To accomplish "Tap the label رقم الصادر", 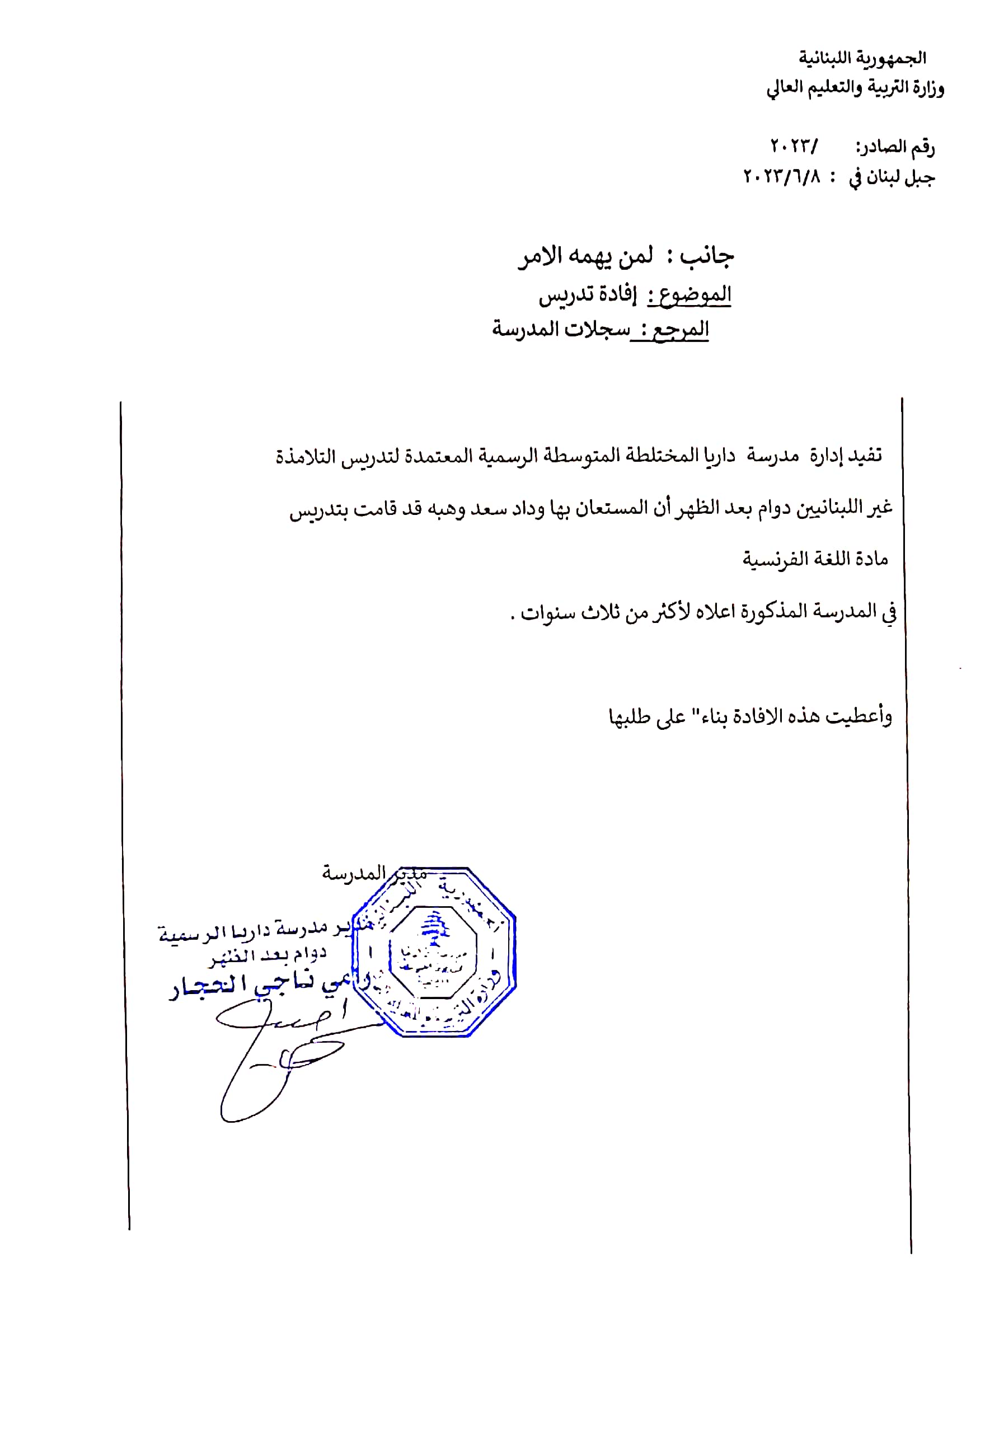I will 895,148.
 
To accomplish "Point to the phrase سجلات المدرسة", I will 561,329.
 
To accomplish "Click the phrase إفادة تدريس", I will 587,294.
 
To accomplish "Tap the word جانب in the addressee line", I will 706,256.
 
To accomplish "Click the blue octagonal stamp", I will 433,952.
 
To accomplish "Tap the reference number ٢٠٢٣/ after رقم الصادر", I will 793,147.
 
